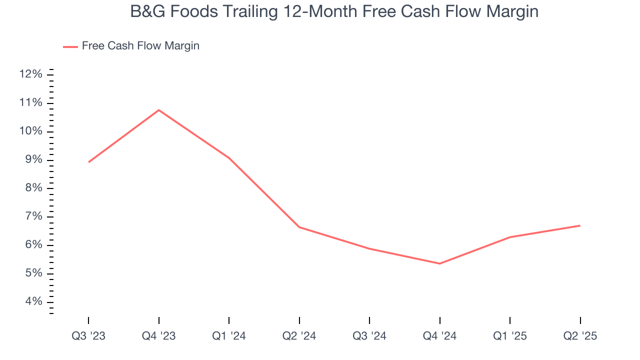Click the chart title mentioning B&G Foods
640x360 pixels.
334,11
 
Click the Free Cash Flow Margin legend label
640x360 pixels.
140,46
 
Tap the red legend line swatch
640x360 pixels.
70,46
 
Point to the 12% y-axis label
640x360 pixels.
30,74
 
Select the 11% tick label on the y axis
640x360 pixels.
30,103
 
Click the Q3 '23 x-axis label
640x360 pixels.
88,336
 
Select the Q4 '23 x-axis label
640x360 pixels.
158,336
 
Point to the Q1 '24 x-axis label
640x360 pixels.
229,336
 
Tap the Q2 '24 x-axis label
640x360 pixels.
299,336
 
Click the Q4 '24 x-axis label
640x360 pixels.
439,336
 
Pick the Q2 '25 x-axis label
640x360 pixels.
580,336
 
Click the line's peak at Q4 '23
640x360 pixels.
158,110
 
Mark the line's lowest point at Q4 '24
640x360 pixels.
439,263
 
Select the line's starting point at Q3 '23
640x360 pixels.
88,162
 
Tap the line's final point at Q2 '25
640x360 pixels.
580,225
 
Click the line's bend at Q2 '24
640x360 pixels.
299,227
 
